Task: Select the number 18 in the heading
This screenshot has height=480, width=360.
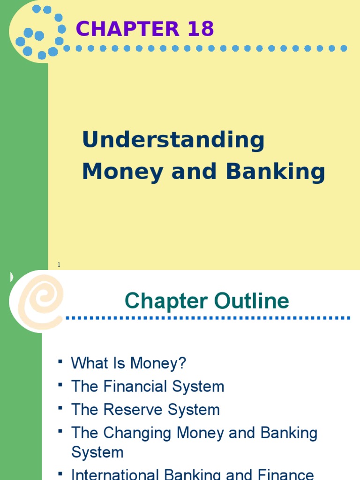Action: click(199, 29)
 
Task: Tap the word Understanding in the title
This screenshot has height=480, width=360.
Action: click(173, 141)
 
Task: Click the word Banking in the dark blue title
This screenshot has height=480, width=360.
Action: click(275, 172)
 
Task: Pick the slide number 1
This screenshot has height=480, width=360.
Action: click(59, 265)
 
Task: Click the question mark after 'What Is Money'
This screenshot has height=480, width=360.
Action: click(182, 363)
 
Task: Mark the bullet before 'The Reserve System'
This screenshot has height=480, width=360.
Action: click(60, 408)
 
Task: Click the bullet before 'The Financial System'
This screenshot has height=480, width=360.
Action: click(60, 385)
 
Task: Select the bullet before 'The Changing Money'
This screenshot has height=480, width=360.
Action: click(60, 431)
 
